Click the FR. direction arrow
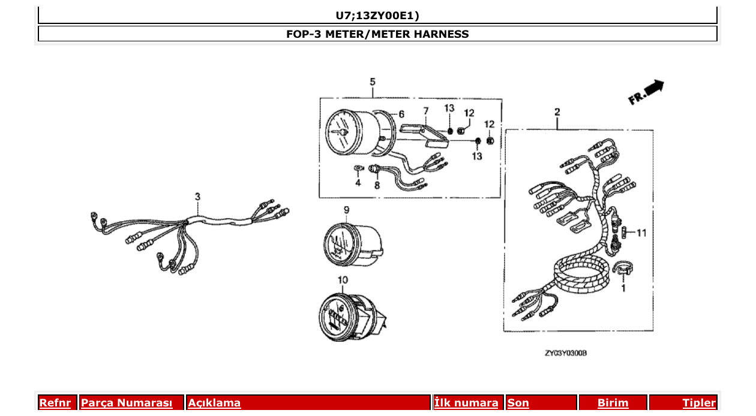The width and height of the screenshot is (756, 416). click(647, 93)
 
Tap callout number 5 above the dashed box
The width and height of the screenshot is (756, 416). click(372, 82)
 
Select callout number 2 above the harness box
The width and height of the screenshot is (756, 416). click(557, 112)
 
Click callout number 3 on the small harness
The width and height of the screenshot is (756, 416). click(197, 197)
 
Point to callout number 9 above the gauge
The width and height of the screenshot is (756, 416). click(346, 209)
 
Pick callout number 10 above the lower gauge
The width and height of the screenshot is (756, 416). click(343, 279)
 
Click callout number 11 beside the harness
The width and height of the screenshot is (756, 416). click(641, 233)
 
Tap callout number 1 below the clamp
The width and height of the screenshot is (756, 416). click(623, 289)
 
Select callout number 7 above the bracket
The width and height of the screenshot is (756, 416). click(425, 111)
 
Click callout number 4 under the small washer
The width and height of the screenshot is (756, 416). click(358, 182)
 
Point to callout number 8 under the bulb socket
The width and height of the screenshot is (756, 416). click(377, 185)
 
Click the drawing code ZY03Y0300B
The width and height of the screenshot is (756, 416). click(565, 354)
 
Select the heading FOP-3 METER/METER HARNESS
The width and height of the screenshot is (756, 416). click(377, 34)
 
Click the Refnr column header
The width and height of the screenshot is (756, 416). click(55, 403)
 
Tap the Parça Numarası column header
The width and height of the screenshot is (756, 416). click(127, 403)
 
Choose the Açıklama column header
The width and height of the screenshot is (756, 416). click(214, 403)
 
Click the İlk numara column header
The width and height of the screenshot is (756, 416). click(466, 403)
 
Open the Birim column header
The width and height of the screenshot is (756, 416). click(613, 403)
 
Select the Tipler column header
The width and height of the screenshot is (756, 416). click(699, 403)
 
